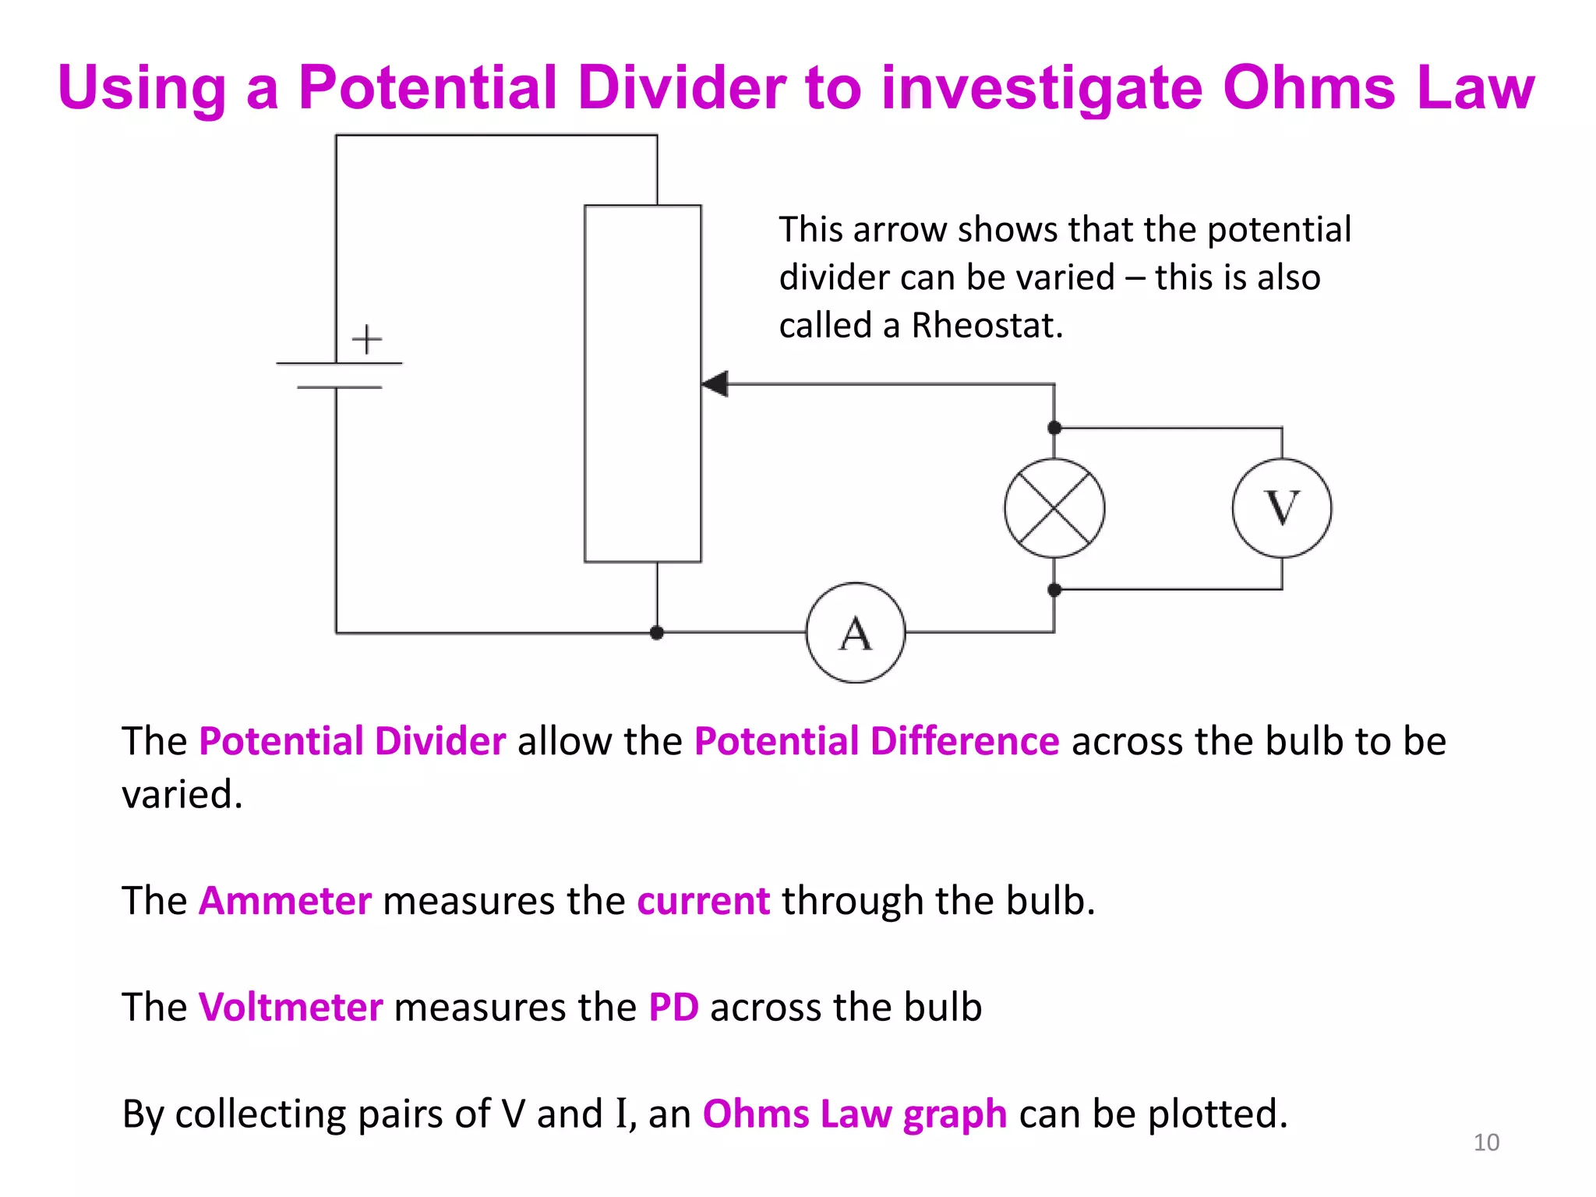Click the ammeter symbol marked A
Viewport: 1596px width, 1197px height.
[x=856, y=633]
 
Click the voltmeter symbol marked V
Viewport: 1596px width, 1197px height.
[x=1282, y=508]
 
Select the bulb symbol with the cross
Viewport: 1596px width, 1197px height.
[x=1054, y=508]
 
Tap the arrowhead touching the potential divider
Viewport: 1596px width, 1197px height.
[x=715, y=383]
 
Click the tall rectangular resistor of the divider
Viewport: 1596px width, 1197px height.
[x=643, y=383]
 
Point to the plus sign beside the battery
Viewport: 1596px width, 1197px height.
[x=366, y=340]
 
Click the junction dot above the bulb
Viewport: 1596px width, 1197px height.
[x=1054, y=428]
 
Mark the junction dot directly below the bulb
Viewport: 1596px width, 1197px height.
[x=1054, y=590]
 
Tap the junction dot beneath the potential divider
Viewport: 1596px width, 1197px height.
[x=657, y=633]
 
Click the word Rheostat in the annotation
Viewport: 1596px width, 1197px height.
[x=987, y=325]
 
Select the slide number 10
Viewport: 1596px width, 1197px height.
[x=1486, y=1142]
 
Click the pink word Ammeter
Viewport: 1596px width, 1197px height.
[x=285, y=901]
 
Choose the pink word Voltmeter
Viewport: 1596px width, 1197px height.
[x=291, y=1007]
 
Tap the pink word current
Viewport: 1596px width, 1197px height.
[x=704, y=901]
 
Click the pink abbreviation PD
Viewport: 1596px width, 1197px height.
[x=673, y=1007]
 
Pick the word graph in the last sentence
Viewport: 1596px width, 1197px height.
[x=955, y=1114]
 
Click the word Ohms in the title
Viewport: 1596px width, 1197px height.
[x=1309, y=87]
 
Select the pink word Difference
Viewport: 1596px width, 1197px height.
[x=965, y=740]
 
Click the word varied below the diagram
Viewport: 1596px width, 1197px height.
[x=182, y=795]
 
